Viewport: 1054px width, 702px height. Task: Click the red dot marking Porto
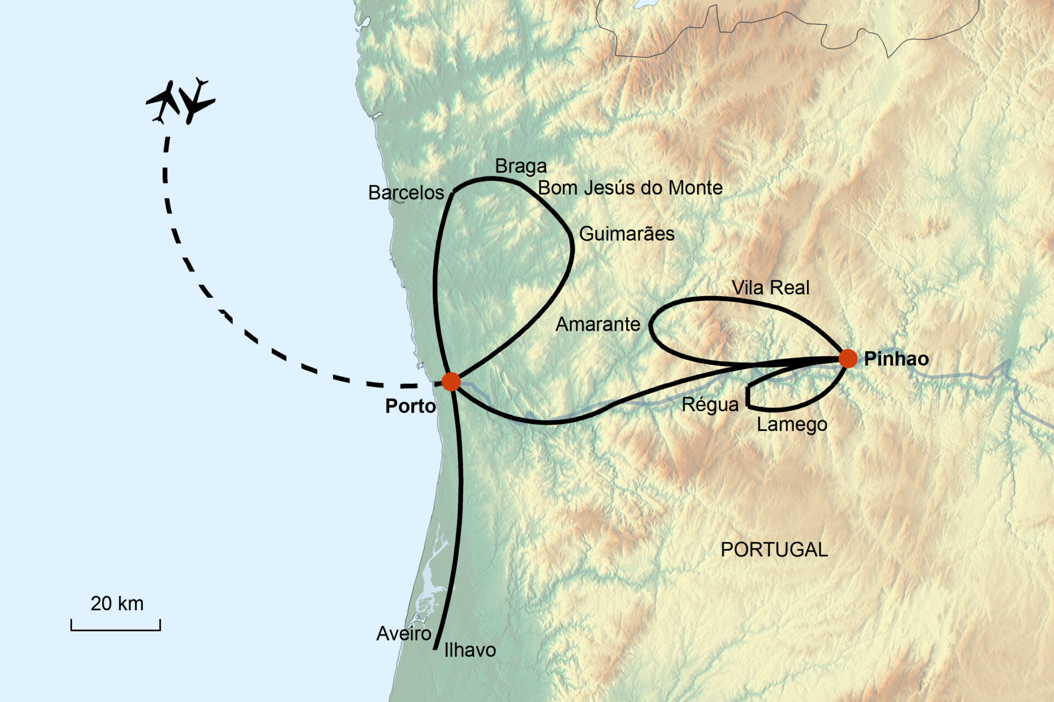tap(451, 381)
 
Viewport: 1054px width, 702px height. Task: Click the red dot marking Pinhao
tap(848, 358)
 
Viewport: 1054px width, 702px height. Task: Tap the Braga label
tap(520, 166)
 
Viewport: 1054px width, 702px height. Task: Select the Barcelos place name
tap(406, 193)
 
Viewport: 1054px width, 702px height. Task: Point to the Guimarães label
tap(626, 234)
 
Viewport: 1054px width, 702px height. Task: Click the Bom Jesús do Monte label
tap(630, 188)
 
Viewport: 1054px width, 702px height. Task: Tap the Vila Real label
tap(770, 288)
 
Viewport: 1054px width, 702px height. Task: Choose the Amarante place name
tap(597, 325)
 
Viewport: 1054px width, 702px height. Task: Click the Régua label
tap(710, 405)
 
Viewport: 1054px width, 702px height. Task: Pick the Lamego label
tap(792, 424)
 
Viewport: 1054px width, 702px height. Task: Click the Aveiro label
tap(403, 634)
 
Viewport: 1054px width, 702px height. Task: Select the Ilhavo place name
tap(470, 650)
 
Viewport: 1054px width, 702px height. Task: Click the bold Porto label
tap(410, 406)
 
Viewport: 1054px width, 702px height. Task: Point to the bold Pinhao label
tap(896, 359)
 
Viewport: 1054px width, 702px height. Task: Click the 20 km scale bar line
tap(115, 630)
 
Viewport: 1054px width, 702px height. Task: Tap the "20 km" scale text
tap(117, 604)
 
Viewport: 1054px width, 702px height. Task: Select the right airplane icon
tap(196, 101)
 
